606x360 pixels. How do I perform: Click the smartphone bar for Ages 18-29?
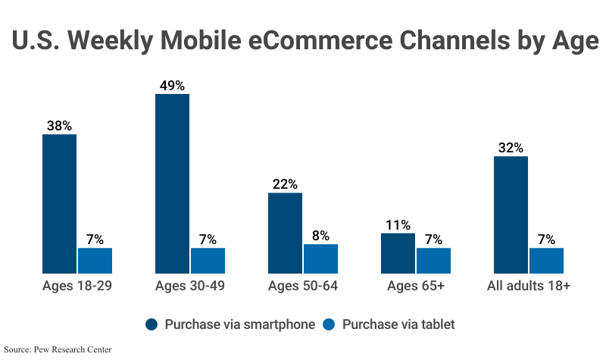click(59, 203)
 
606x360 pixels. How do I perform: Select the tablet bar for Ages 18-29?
click(95, 260)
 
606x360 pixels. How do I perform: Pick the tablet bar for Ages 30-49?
click(208, 260)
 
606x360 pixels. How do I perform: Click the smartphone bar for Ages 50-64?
click(285, 233)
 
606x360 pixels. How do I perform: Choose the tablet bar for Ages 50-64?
click(320, 258)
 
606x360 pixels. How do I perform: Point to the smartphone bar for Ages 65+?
click(398, 252)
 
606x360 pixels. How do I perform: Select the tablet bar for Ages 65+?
click(433, 260)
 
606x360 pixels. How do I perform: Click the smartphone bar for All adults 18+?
click(511, 214)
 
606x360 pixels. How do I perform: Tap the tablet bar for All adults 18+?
click(546, 260)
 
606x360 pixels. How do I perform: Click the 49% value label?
click(172, 86)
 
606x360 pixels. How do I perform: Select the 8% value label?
click(320, 236)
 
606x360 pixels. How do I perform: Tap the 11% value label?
click(398, 225)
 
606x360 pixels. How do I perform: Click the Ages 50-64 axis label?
click(303, 286)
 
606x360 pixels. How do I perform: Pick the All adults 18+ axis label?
click(529, 286)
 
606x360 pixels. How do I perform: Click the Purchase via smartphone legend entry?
click(230, 324)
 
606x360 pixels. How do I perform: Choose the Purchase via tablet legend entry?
click(390, 324)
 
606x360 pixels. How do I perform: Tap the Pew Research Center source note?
click(58, 349)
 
